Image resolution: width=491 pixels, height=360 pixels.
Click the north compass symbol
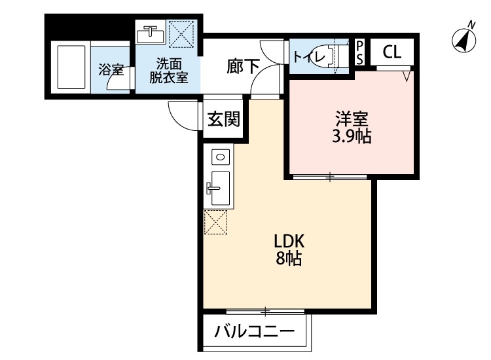(464, 39)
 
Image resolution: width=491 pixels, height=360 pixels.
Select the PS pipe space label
(360, 52)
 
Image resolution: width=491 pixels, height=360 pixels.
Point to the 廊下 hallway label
(243, 65)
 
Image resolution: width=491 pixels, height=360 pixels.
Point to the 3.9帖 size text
(352, 137)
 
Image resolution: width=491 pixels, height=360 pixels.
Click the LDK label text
(287, 240)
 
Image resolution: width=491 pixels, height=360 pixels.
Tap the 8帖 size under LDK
(287, 259)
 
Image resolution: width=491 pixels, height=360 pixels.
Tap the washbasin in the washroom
(152, 33)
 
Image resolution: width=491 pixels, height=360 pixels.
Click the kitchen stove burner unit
(219, 157)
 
